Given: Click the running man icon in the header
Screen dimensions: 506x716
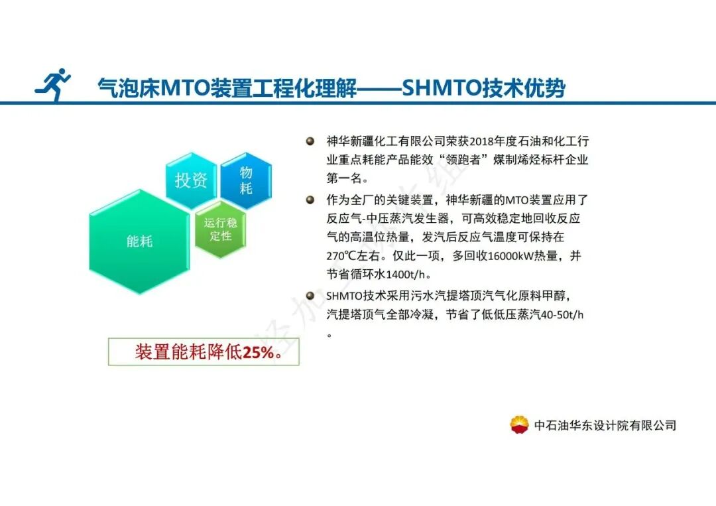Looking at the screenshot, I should (53, 85).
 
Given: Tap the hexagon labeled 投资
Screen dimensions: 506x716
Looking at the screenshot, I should (191, 180).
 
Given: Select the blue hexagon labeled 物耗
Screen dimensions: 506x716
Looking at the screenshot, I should (246, 180).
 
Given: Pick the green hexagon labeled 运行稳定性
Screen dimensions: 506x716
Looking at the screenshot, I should (220, 229).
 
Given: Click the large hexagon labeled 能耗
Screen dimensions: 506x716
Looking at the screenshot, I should (139, 241).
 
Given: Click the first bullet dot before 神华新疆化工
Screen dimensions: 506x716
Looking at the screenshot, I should (310, 141).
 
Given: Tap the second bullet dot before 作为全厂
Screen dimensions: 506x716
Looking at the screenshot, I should (310, 199).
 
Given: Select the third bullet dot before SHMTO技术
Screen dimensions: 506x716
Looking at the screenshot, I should (310, 296).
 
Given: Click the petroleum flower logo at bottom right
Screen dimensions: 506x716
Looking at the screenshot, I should (519, 424).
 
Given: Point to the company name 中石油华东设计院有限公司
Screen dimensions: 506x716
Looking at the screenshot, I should (605, 425).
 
